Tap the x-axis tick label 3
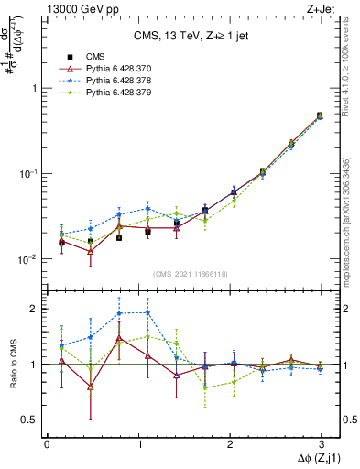pyautogui.click(x=321, y=443)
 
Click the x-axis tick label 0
pyautogui.click(x=47, y=443)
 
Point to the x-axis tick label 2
pyautogui.click(x=229, y=443)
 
